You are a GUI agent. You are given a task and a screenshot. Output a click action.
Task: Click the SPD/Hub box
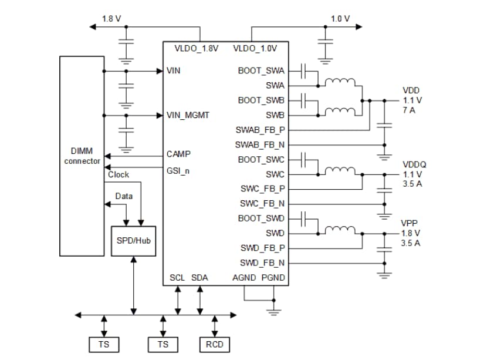pos(134,241)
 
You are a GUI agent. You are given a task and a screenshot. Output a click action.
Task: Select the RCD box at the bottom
pos(215,344)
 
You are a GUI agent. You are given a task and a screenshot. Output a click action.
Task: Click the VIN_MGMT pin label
pos(188,115)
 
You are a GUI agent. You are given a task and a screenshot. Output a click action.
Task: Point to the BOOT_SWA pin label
pos(261,70)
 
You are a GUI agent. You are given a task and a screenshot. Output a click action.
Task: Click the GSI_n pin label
pos(178,171)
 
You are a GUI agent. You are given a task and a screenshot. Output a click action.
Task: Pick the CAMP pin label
pos(179,154)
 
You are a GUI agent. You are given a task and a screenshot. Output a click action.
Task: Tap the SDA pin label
pos(199,277)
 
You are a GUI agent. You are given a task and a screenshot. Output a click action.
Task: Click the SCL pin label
pos(177,277)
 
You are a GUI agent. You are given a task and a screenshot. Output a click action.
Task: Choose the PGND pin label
pos(273,277)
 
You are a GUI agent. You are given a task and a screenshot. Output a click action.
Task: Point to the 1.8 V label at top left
pos(111,19)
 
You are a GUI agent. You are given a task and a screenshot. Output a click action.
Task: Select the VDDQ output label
pos(414,164)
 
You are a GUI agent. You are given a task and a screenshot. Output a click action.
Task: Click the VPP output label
pos(409,223)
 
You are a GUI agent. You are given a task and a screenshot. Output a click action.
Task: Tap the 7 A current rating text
pos(409,110)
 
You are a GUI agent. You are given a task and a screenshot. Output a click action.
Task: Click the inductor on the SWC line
pos(340,170)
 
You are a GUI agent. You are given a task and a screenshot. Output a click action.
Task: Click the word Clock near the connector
pos(119,174)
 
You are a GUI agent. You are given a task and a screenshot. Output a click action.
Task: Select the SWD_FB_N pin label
pos(262,263)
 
